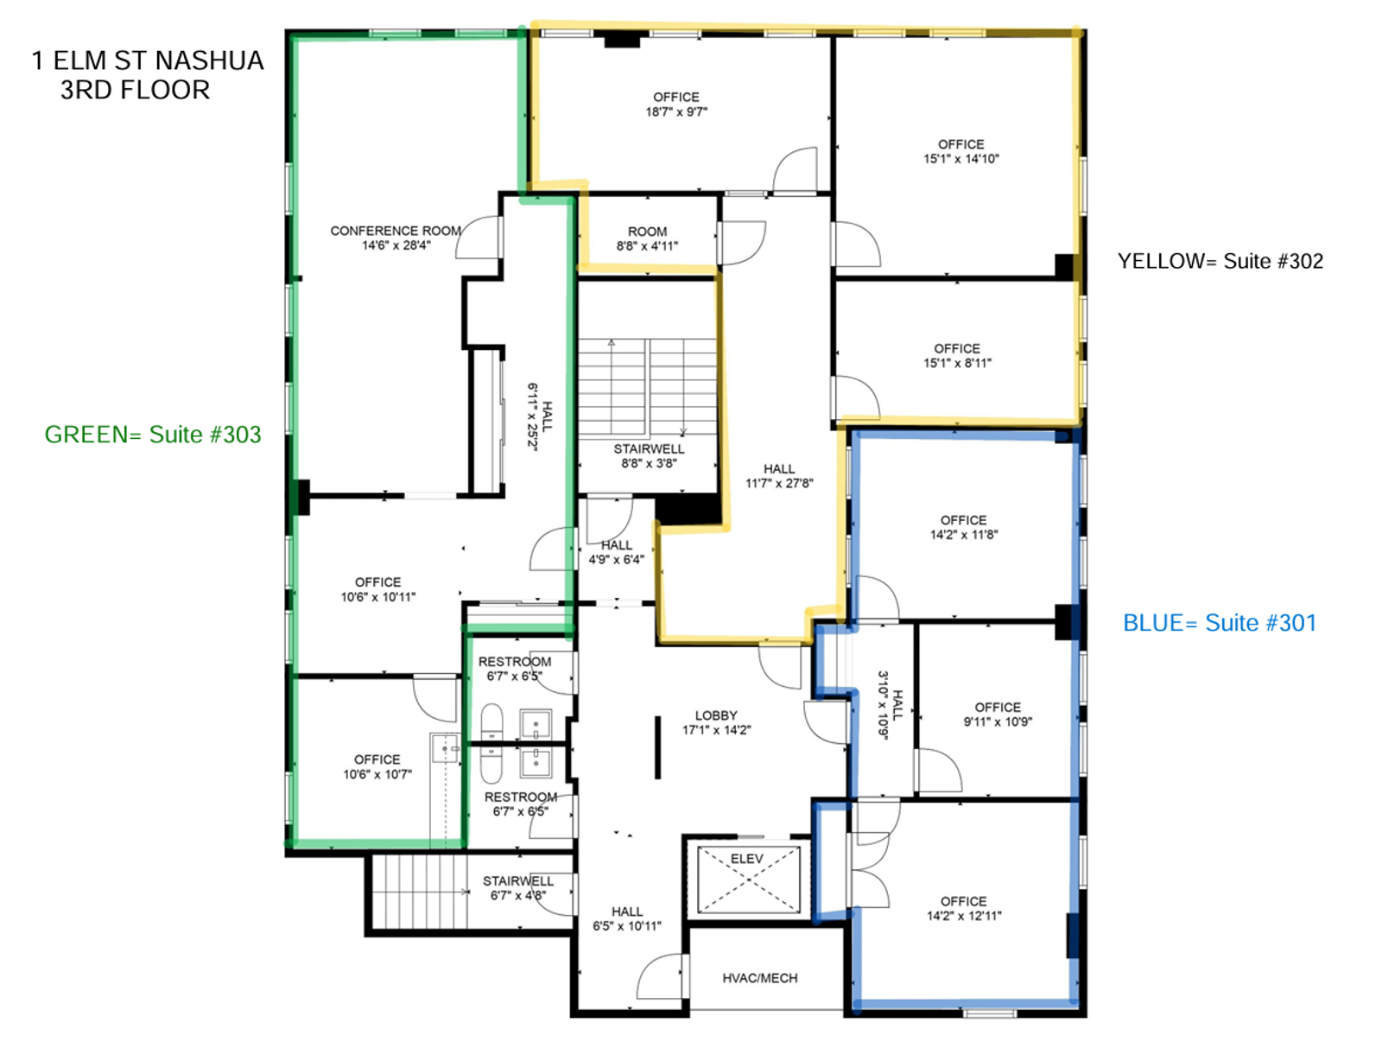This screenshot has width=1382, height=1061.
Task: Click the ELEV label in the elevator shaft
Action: pos(746,859)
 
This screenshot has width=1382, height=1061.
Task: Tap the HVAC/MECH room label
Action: pos(759,978)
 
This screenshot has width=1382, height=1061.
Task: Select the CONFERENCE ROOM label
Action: pos(396,231)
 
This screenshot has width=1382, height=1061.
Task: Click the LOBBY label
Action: pos(715,715)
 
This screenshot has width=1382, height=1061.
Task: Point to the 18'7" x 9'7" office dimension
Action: pos(676,112)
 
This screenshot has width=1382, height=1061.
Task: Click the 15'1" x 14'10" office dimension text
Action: pos(961,159)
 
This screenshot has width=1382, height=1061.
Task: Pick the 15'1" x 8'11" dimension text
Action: pos(957,363)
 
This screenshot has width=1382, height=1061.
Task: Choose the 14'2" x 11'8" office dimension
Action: pos(964,535)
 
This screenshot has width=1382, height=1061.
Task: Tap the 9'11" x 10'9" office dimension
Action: pos(998,722)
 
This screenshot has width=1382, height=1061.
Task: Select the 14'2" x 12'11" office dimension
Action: pos(964,916)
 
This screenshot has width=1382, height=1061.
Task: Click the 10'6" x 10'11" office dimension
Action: pos(377,597)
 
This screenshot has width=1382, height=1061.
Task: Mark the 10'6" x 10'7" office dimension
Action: pos(377,775)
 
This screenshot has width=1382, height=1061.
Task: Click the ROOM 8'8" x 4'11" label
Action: pos(647,239)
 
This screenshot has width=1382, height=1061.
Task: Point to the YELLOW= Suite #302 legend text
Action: pos(1220,262)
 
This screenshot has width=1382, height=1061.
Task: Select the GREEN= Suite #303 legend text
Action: pos(153,435)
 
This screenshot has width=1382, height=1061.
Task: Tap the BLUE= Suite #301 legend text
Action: pos(1220,623)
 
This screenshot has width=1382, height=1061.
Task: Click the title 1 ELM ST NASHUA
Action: pos(148,61)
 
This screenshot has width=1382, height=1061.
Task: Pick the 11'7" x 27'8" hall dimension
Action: pos(779,484)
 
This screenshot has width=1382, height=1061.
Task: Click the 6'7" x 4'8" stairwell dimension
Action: pos(517,896)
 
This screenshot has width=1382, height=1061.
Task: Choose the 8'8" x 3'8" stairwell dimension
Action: pos(649,464)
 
